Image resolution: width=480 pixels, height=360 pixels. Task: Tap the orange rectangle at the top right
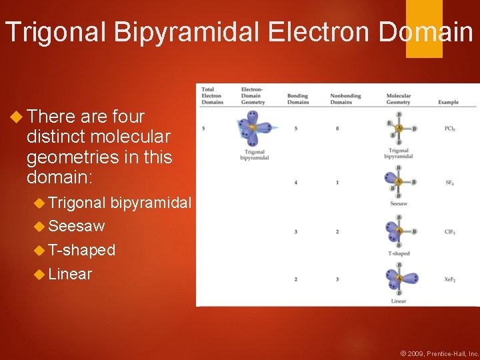pos(424,28)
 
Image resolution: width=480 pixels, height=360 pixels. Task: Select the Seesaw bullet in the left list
pos(76,226)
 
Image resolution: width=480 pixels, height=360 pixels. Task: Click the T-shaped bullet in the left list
pos(81,250)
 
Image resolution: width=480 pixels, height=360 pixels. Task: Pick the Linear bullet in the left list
pos(70,274)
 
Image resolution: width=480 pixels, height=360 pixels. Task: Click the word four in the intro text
pos(128,117)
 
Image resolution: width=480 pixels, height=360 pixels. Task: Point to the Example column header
pos(448,102)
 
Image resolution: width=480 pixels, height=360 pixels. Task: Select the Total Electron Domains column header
pos(212,95)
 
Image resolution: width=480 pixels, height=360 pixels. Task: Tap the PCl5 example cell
pos(450,128)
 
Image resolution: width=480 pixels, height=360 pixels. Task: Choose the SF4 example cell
pos(450,182)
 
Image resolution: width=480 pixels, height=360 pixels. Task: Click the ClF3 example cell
pos(450,231)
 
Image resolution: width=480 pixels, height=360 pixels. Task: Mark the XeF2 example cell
pos(450,279)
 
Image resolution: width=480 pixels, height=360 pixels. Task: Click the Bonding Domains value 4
pos(295,182)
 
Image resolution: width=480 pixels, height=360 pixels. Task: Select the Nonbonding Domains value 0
pos(337,128)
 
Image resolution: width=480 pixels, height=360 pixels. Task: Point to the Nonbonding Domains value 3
pos(337,279)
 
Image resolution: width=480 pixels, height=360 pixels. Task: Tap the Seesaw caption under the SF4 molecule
pos(398,203)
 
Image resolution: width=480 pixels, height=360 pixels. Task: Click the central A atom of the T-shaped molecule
pos(399,231)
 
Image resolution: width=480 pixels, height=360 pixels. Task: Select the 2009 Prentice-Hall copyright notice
pos(439,353)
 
